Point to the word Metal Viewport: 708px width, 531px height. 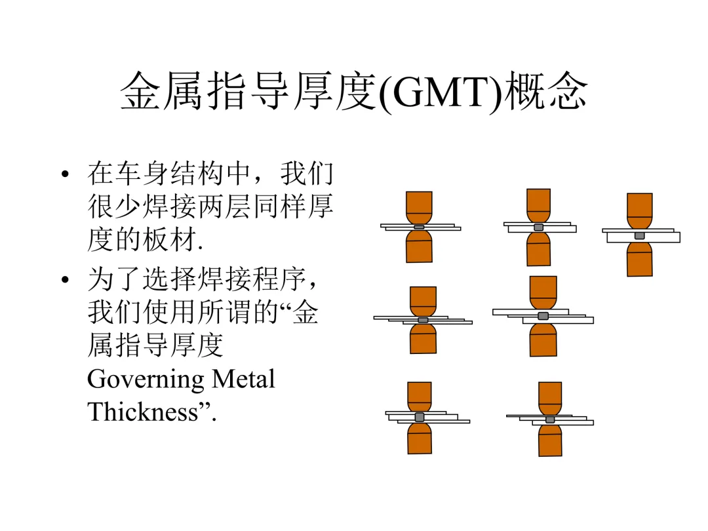click(243, 379)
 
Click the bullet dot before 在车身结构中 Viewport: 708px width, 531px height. click(64, 175)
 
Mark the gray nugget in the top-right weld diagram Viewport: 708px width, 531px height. click(639, 235)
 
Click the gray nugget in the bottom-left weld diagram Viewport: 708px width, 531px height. click(420, 417)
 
